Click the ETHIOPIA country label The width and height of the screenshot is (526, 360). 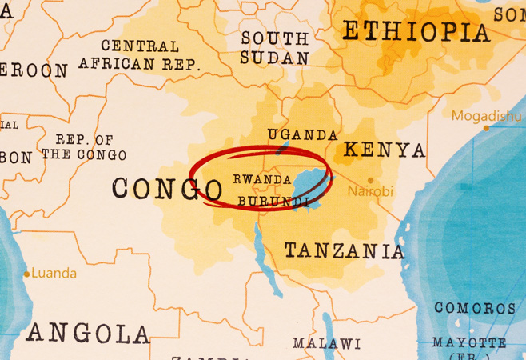415,32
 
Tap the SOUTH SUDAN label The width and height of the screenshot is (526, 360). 274,48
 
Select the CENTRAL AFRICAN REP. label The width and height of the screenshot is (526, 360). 139,55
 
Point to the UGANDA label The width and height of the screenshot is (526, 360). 303,134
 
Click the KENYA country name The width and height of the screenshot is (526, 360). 384,150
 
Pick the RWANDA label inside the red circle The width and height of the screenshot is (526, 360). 262,179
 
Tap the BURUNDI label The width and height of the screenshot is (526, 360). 273,201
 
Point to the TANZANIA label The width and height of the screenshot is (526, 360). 345,251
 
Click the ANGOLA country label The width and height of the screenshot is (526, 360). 87,332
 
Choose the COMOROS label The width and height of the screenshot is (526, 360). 475,308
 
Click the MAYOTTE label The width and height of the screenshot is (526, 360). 469,342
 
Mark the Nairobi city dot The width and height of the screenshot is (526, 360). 370,180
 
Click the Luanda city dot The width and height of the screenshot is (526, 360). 26,274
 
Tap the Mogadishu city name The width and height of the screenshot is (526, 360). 486,116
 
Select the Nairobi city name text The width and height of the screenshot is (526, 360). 370,192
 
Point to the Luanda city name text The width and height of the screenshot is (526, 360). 54,274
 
